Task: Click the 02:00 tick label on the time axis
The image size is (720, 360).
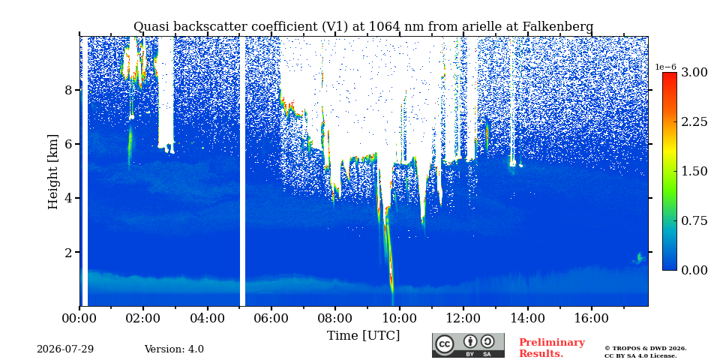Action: tap(143, 318)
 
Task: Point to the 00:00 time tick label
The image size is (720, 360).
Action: tap(79, 318)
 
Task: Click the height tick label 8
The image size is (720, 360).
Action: tap(69, 90)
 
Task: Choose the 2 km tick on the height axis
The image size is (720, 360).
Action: tap(69, 253)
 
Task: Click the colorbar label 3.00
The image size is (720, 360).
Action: tap(694, 73)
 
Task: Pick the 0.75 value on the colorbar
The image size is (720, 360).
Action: tap(694, 220)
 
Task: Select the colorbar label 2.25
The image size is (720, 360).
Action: tap(694, 121)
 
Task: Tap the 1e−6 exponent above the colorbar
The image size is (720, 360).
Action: tap(665, 67)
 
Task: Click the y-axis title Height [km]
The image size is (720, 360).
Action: tap(53, 172)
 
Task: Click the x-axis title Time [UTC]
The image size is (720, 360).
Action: tap(363, 336)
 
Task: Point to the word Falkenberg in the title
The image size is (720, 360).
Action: tap(558, 27)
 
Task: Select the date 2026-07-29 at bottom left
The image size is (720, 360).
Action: tap(65, 349)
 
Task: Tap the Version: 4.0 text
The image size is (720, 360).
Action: tap(174, 349)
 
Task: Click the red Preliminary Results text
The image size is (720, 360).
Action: tap(552, 348)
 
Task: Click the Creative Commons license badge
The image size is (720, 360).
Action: tap(468, 345)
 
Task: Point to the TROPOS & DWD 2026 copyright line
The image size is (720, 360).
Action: tap(645, 349)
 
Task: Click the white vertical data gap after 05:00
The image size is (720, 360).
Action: tap(242, 171)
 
